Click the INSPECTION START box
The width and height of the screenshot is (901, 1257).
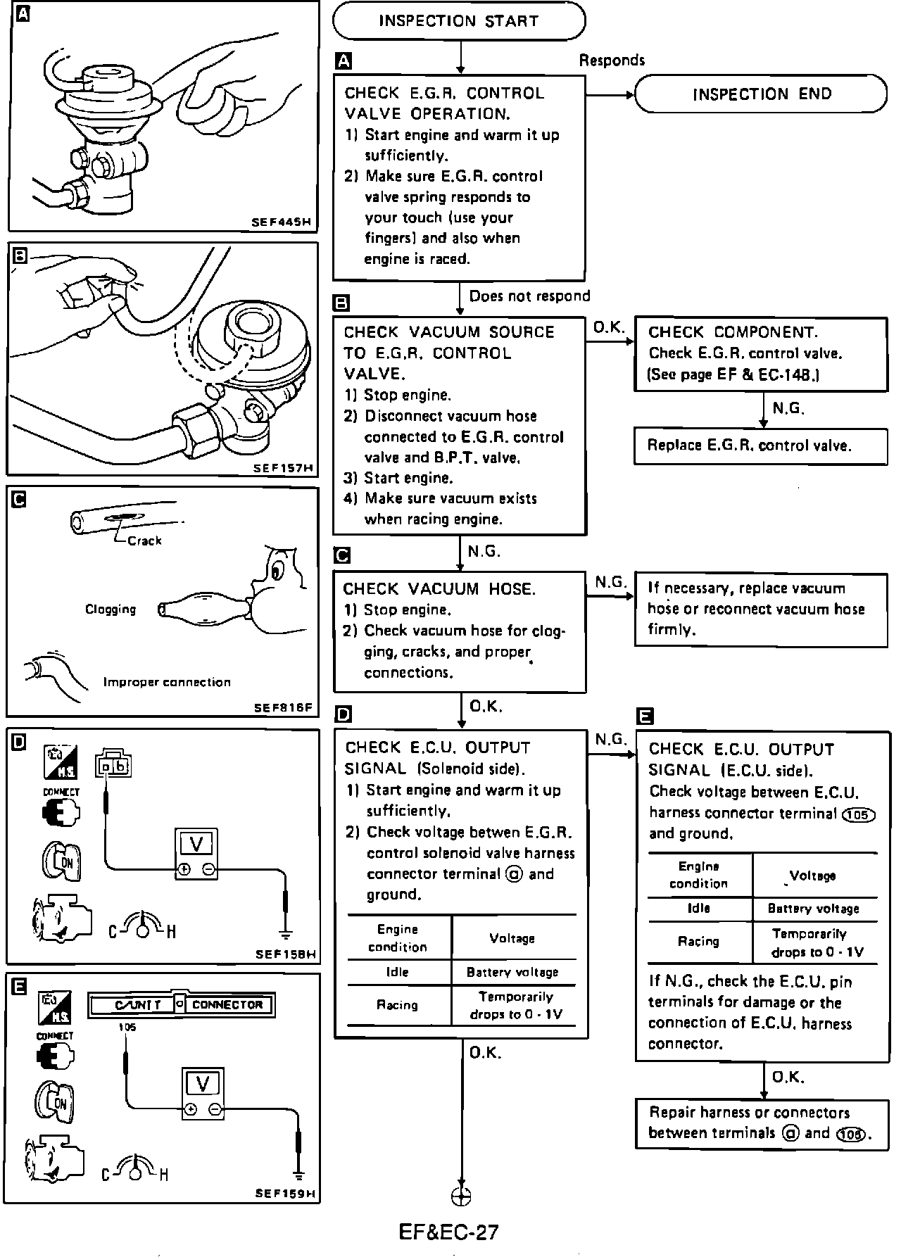click(458, 21)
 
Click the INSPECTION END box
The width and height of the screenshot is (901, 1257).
click(761, 94)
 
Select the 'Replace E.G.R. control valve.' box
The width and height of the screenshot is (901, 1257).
click(760, 446)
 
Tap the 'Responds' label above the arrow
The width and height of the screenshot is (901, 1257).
click(612, 61)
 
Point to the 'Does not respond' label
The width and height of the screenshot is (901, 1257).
click(529, 296)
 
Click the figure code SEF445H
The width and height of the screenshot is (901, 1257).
click(281, 222)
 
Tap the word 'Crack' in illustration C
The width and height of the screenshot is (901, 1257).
click(144, 541)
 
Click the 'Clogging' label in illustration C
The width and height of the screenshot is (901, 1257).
click(111, 609)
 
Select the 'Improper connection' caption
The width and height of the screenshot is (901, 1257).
click(167, 682)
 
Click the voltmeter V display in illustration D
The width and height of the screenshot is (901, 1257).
click(196, 844)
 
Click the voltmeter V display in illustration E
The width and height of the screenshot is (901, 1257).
click(203, 1083)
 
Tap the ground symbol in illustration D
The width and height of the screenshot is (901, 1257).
click(286, 935)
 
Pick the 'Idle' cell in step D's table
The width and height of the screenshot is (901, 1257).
click(397, 972)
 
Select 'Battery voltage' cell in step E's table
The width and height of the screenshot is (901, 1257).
click(813, 909)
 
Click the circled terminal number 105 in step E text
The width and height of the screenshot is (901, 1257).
click(858, 814)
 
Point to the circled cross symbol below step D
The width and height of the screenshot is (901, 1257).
click(461, 1196)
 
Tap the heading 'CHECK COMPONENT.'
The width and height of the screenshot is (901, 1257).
click(732, 332)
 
